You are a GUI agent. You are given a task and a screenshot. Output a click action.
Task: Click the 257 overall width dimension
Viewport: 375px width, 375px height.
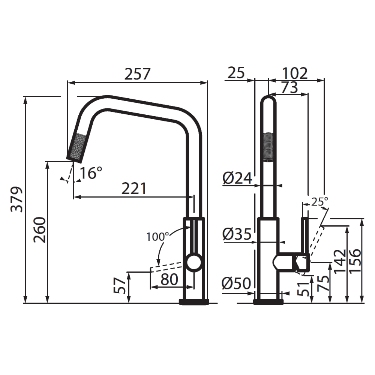coord(138,74)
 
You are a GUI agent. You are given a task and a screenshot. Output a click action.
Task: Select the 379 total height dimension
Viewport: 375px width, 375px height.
coord(17,199)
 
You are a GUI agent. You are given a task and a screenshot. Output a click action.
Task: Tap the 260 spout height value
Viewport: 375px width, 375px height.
coord(40,229)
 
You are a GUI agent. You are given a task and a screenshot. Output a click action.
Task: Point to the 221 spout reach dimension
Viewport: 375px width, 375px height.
coord(133,188)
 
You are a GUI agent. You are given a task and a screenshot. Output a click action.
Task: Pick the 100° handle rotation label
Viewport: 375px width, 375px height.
coord(157,237)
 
